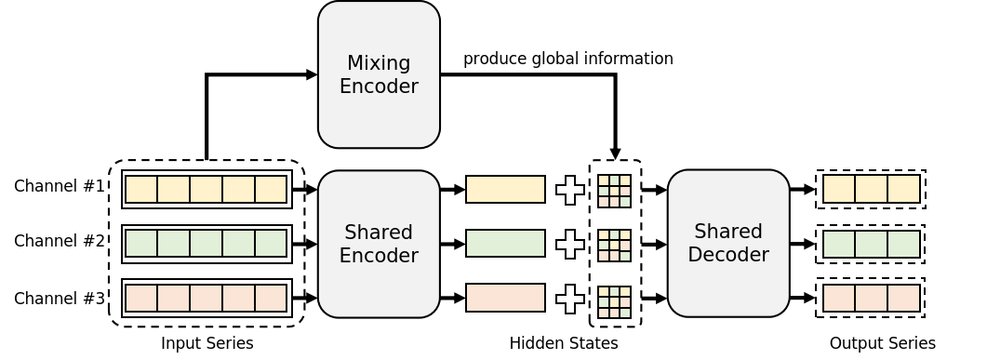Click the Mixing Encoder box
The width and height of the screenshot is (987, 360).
379,74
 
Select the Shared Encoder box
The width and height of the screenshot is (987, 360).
379,244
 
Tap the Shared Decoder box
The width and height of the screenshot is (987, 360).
728,243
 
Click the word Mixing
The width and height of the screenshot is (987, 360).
379,63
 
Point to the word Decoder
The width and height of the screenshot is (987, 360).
728,254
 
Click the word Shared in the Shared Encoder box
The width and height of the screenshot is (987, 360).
379,232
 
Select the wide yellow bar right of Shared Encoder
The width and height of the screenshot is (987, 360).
505,189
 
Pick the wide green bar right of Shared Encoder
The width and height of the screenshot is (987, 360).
505,243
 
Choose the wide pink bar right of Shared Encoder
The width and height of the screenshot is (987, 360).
505,298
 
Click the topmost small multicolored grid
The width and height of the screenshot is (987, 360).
614,191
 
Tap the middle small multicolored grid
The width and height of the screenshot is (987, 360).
614,246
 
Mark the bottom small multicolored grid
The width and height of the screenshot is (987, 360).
614,302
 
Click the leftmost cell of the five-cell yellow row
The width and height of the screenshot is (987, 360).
141,189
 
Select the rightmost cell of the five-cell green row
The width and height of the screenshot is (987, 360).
271,243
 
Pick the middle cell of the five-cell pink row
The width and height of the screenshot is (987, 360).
206,298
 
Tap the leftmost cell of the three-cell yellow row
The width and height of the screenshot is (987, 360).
839,189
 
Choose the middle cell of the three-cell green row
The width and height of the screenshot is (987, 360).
872,244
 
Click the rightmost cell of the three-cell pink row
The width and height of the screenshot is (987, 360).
903,298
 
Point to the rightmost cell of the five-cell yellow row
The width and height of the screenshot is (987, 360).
271,189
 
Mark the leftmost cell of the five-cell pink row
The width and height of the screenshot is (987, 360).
141,298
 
